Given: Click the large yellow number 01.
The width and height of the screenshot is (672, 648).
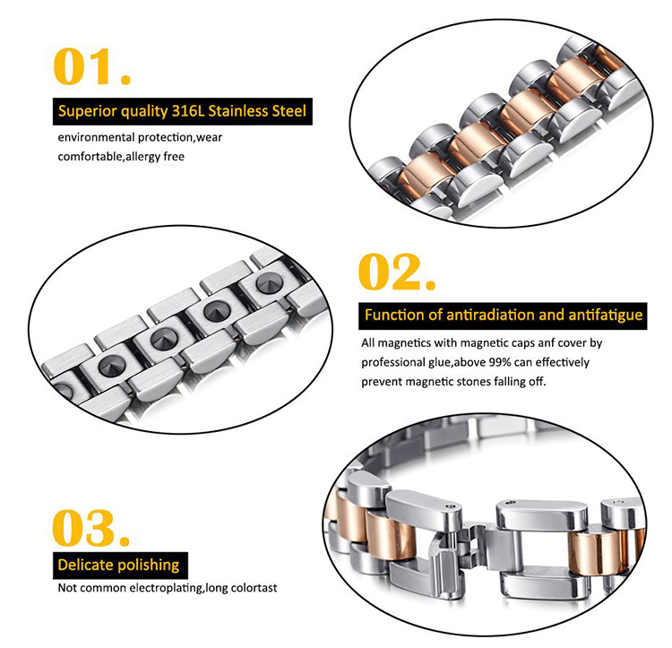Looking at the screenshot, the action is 91,66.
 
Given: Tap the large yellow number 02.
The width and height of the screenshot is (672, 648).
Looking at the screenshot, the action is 396,272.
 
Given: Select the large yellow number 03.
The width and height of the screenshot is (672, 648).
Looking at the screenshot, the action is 90,528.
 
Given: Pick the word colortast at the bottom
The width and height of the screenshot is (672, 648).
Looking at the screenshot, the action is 254,588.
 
